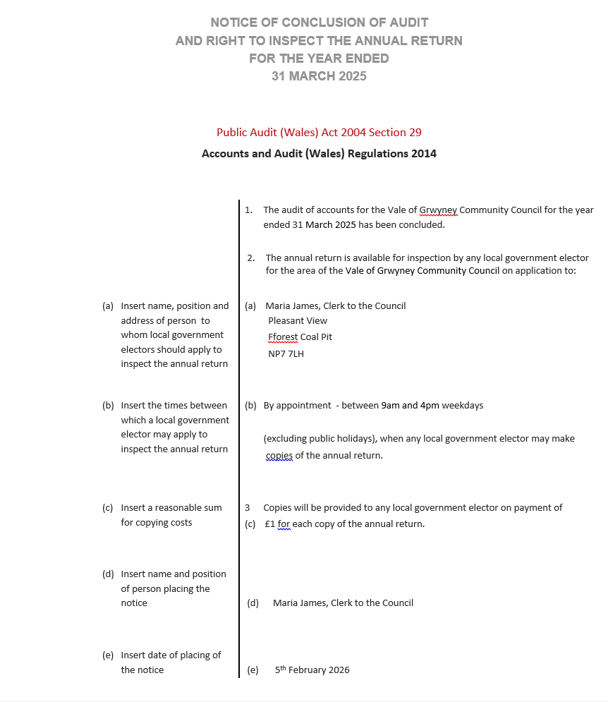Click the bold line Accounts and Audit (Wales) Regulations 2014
pos(319,153)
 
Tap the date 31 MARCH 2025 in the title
pos(319,76)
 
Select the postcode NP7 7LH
pos(286,353)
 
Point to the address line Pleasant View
pos(297,320)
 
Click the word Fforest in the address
pos(283,337)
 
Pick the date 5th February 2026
pos(312,670)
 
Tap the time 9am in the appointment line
pos(390,405)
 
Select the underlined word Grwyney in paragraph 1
pos(438,210)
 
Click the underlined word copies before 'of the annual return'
pos(279,455)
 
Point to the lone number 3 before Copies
pos(247,507)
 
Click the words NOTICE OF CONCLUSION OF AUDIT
pos(319,23)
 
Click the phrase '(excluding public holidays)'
pos(320,438)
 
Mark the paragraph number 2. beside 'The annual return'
pos(251,258)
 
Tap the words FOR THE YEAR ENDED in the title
pos(319,59)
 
